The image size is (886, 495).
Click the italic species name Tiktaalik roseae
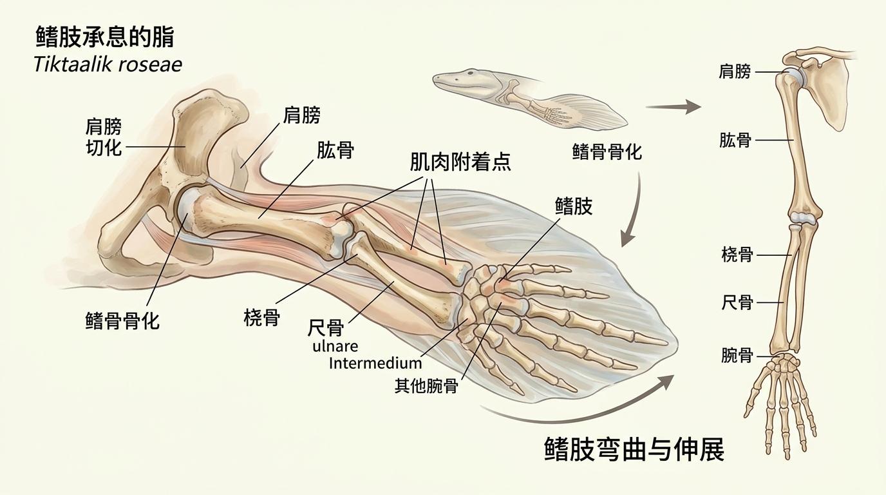(108, 64)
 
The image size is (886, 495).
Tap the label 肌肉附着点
(460, 162)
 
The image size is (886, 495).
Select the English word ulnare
(335, 346)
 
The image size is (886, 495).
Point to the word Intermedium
(375, 363)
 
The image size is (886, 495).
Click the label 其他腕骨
(426, 386)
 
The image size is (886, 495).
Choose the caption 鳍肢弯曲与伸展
(634, 449)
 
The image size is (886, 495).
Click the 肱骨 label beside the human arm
(735, 140)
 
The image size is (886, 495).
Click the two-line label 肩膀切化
(104, 137)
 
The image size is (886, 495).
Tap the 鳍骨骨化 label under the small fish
(607, 152)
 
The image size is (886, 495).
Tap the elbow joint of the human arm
(803, 217)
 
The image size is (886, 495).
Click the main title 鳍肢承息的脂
(104, 38)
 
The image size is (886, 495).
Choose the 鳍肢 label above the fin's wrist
(573, 206)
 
